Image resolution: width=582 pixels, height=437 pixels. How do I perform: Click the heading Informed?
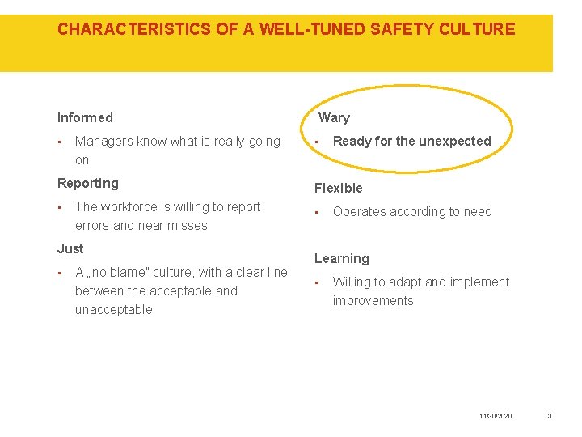coord(85,118)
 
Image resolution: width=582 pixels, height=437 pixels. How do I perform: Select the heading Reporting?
coord(87,184)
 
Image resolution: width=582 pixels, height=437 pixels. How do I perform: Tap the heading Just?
coord(70,248)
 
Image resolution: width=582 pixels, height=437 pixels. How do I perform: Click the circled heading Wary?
coord(334,118)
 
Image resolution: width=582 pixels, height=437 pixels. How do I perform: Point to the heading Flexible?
coord(338,189)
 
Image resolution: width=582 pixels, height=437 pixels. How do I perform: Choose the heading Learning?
coord(341,259)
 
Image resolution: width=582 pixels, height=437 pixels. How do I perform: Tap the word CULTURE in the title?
coord(477,30)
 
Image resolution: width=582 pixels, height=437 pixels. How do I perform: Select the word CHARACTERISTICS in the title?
coord(134,30)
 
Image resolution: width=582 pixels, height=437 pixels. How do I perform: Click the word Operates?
coord(359,212)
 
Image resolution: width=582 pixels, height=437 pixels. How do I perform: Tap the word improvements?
coord(373,301)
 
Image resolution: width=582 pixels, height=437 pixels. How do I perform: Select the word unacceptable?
coord(113,310)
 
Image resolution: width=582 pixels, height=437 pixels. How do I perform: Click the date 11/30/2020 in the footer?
coord(496,416)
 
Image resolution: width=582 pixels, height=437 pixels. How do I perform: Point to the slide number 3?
coord(550,416)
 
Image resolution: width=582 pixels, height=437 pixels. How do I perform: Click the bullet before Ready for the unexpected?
coord(318,142)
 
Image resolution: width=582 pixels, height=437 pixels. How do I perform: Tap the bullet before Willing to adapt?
coord(318,283)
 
